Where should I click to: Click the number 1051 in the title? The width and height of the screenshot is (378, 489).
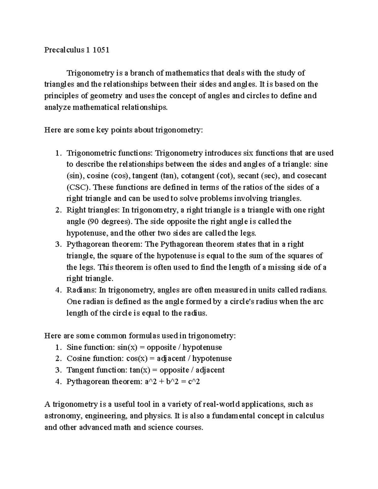(x=101, y=50)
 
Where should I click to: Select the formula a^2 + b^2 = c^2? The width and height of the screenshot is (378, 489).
(x=172, y=382)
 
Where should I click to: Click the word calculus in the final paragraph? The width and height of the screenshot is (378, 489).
(x=309, y=416)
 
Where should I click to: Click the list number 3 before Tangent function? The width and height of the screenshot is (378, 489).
(x=57, y=370)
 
